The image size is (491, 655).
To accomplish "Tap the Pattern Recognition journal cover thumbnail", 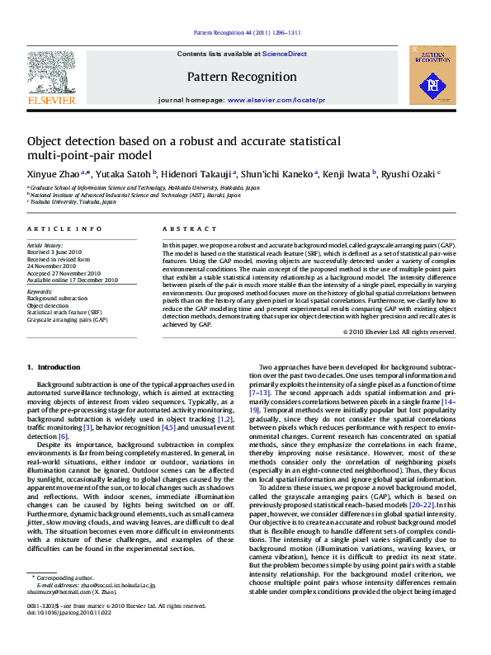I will coord(432,75).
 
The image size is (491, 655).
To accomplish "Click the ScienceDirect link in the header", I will coord(284,54).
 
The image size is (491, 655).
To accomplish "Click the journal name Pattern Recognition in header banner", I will coord(242,77).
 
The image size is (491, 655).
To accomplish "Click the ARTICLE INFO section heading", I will coord(64,229).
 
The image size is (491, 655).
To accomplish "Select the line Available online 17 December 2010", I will coord(73,280).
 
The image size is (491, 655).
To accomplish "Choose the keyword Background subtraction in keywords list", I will coord(57,299).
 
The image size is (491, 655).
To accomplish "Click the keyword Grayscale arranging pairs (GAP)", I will coord(67,318).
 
